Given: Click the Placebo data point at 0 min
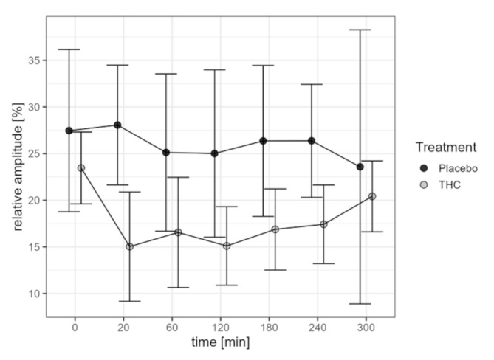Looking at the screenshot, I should tap(69, 131).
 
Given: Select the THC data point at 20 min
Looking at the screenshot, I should tap(130, 246).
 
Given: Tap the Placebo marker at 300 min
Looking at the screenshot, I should tap(360, 167).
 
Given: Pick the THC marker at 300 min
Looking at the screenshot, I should tap(372, 196).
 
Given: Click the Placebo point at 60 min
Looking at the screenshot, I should tap(166, 153).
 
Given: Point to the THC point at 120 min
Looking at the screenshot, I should tap(227, 246).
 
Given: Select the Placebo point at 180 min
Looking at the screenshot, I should tap(263, 141).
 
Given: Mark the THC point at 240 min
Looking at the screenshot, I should tap(323, 224).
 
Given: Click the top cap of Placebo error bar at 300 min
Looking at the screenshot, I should tap(360, 30).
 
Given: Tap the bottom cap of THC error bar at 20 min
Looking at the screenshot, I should tap(130, 301).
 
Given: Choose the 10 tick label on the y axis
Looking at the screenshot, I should tap(32, 294).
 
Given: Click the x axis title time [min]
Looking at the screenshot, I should tap(220, 343).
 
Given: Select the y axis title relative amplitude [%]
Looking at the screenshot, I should tap(13, 167).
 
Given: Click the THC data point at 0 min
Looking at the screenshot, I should tap(81, 168).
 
